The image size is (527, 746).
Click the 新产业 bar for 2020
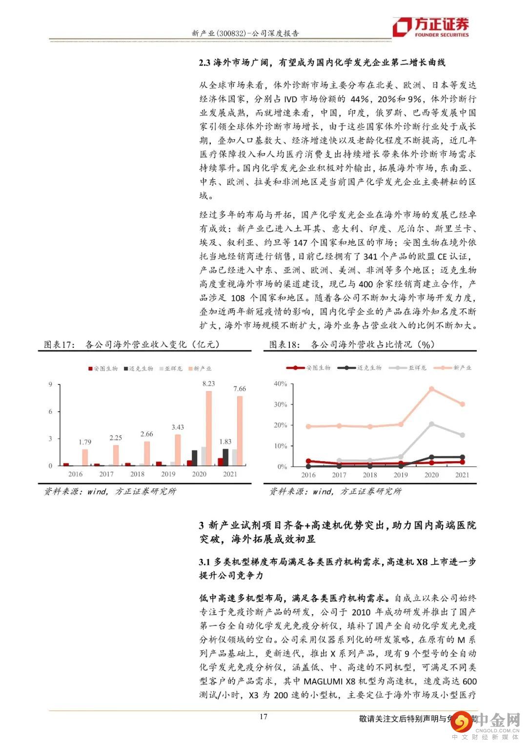click(x=209, y=428)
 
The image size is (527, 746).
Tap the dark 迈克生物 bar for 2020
click(x=195, y=458)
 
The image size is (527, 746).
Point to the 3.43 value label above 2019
click(x=178, y=427)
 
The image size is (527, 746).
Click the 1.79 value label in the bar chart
click(x=85, y=442)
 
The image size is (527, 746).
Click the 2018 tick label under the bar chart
click(x=137, y=474)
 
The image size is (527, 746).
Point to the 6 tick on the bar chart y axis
click(x=50, y=412)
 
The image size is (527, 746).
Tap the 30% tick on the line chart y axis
click(x=280, y=405)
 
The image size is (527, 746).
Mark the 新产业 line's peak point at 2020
click(x=431, y=389)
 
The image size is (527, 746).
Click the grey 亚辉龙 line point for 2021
click(x=462, y=435)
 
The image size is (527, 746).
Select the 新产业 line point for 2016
click(x=308, y=426)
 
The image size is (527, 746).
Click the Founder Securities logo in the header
click(x=431, y=27)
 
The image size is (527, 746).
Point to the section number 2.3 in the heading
click(x=204, y=63)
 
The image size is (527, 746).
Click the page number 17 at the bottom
click(x=263, y=717)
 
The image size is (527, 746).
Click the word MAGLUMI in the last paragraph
click(x=324, y=681)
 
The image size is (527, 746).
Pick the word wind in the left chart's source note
click(x=97, y=491)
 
